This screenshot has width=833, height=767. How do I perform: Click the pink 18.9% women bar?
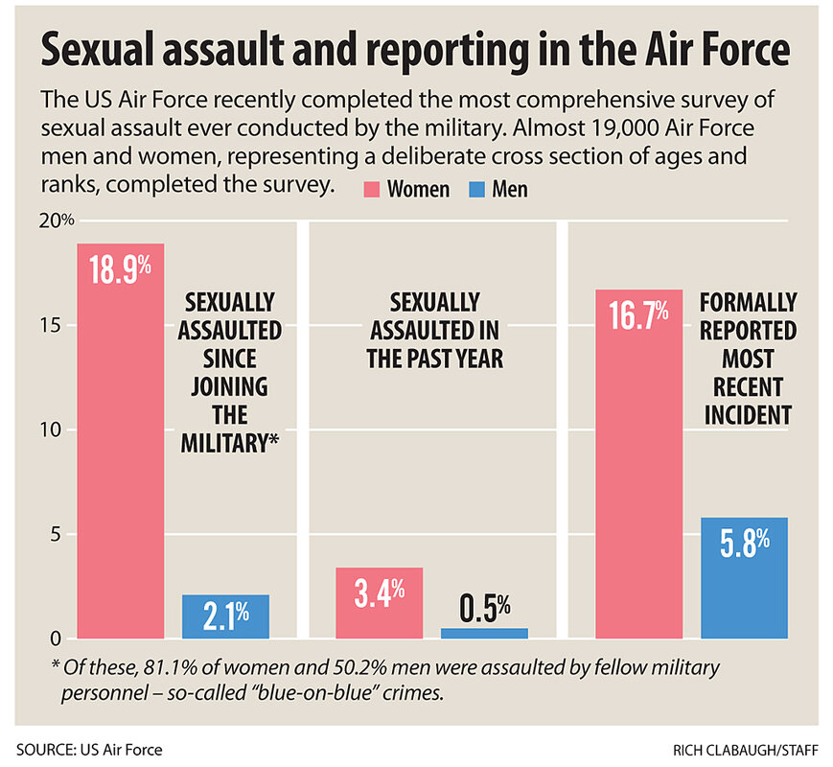121,441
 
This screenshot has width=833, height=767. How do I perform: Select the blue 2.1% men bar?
225,616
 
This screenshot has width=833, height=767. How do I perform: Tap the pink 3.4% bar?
379,603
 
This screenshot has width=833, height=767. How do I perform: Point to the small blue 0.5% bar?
484,633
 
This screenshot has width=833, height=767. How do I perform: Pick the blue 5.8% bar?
744,577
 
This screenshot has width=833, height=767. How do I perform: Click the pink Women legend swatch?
373,189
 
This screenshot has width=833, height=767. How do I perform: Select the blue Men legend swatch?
477,189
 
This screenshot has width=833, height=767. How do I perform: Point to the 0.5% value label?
484,607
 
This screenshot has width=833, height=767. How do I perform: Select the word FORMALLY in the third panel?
748,303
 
